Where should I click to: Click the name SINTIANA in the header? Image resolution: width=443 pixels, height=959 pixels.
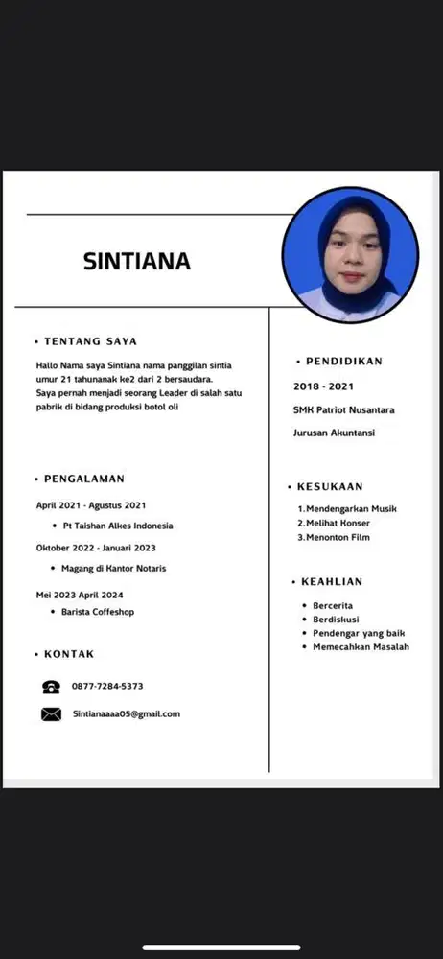137,261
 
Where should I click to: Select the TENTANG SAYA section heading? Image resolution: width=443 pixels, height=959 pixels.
90,340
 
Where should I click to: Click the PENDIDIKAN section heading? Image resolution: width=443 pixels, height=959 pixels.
343,362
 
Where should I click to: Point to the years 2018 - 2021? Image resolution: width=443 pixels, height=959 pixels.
324,386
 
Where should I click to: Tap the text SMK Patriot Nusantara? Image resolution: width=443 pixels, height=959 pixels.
343,410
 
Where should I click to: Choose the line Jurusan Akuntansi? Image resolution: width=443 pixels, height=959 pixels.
334,433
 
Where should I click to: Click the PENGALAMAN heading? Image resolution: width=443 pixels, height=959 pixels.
84,479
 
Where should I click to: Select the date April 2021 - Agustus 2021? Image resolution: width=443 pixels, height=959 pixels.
91,504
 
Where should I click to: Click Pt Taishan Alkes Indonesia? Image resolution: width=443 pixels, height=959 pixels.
118,526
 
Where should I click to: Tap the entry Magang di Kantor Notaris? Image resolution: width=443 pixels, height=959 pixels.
114,568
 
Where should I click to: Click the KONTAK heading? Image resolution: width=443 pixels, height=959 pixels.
69,654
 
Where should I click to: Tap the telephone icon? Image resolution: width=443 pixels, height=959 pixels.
51,687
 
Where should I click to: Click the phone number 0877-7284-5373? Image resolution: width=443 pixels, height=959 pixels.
107,687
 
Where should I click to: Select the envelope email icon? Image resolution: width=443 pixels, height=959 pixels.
51,714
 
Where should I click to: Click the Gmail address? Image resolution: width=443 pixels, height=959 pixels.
127,713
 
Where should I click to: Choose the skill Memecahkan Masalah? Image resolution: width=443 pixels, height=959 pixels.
361,647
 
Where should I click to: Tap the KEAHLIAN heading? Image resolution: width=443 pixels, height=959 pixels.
331,582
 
